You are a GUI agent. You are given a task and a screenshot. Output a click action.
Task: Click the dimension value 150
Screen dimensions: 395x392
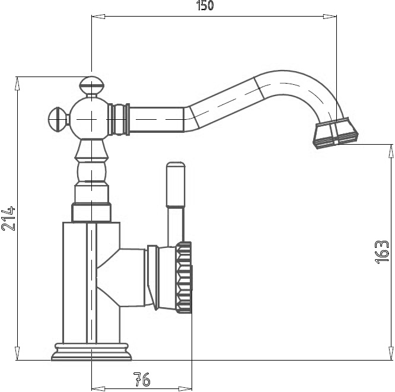[205, 5]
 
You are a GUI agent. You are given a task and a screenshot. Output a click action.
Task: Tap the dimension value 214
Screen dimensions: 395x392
[8, 219]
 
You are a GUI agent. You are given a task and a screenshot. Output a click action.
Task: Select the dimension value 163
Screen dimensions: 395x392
[382, 252]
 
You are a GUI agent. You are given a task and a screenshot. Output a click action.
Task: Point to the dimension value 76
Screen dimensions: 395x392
[142, 380]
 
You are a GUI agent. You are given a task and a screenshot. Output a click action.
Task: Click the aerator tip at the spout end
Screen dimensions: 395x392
[336, 133]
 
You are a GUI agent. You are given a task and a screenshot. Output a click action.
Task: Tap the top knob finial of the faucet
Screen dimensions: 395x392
[92, 85]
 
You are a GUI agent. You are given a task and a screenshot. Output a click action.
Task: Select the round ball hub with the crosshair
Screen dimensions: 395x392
[90, 119]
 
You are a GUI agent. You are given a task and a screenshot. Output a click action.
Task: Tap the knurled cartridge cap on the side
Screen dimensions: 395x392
[184, 278]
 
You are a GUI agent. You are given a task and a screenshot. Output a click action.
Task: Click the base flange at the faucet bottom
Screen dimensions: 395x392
[91, 352]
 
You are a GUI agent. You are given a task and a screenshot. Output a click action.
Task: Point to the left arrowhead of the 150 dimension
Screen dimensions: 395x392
[98, 17]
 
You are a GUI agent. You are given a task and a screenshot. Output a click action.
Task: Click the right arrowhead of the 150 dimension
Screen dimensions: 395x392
[330, 17]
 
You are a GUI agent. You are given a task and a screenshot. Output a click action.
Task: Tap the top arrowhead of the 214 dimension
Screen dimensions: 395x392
[17, 84]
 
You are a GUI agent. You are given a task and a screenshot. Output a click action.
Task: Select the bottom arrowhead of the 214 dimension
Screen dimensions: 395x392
[17, 353]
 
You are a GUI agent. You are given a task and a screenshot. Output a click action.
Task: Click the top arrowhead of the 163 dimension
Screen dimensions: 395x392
[391, 151]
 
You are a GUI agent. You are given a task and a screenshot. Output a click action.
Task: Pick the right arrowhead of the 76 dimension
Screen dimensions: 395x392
[185, 388]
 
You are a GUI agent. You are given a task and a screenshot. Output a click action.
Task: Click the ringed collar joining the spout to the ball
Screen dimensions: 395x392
[119, 119]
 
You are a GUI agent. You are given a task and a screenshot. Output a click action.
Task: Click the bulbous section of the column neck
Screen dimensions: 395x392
[92, 172]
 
